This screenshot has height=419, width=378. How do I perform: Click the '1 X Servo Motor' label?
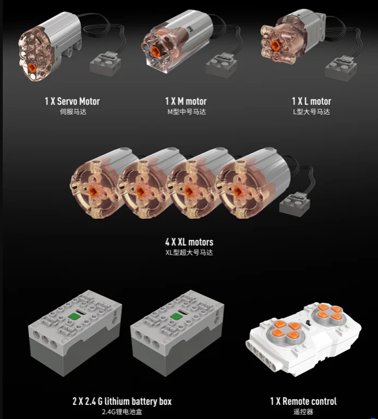(72, 101)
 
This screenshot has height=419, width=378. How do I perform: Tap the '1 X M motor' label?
(186, 101)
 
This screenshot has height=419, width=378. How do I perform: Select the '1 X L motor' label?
(311, 101)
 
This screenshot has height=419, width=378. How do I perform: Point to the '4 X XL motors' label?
(189, 242)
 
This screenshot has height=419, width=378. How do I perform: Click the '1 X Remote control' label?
(303, 401)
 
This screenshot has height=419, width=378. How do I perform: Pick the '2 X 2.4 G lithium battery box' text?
(122, 401)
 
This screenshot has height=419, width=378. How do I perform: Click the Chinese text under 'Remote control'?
(303, 412)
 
